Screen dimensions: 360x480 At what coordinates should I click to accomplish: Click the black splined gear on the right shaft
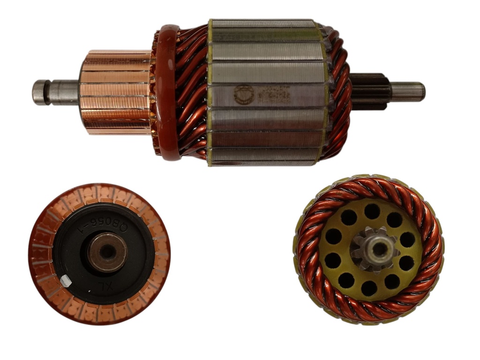(x=370, y=91)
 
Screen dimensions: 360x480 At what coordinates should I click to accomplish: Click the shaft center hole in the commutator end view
(x=108, y=252)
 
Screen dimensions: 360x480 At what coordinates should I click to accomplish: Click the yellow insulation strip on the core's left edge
(x=210, y=94)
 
